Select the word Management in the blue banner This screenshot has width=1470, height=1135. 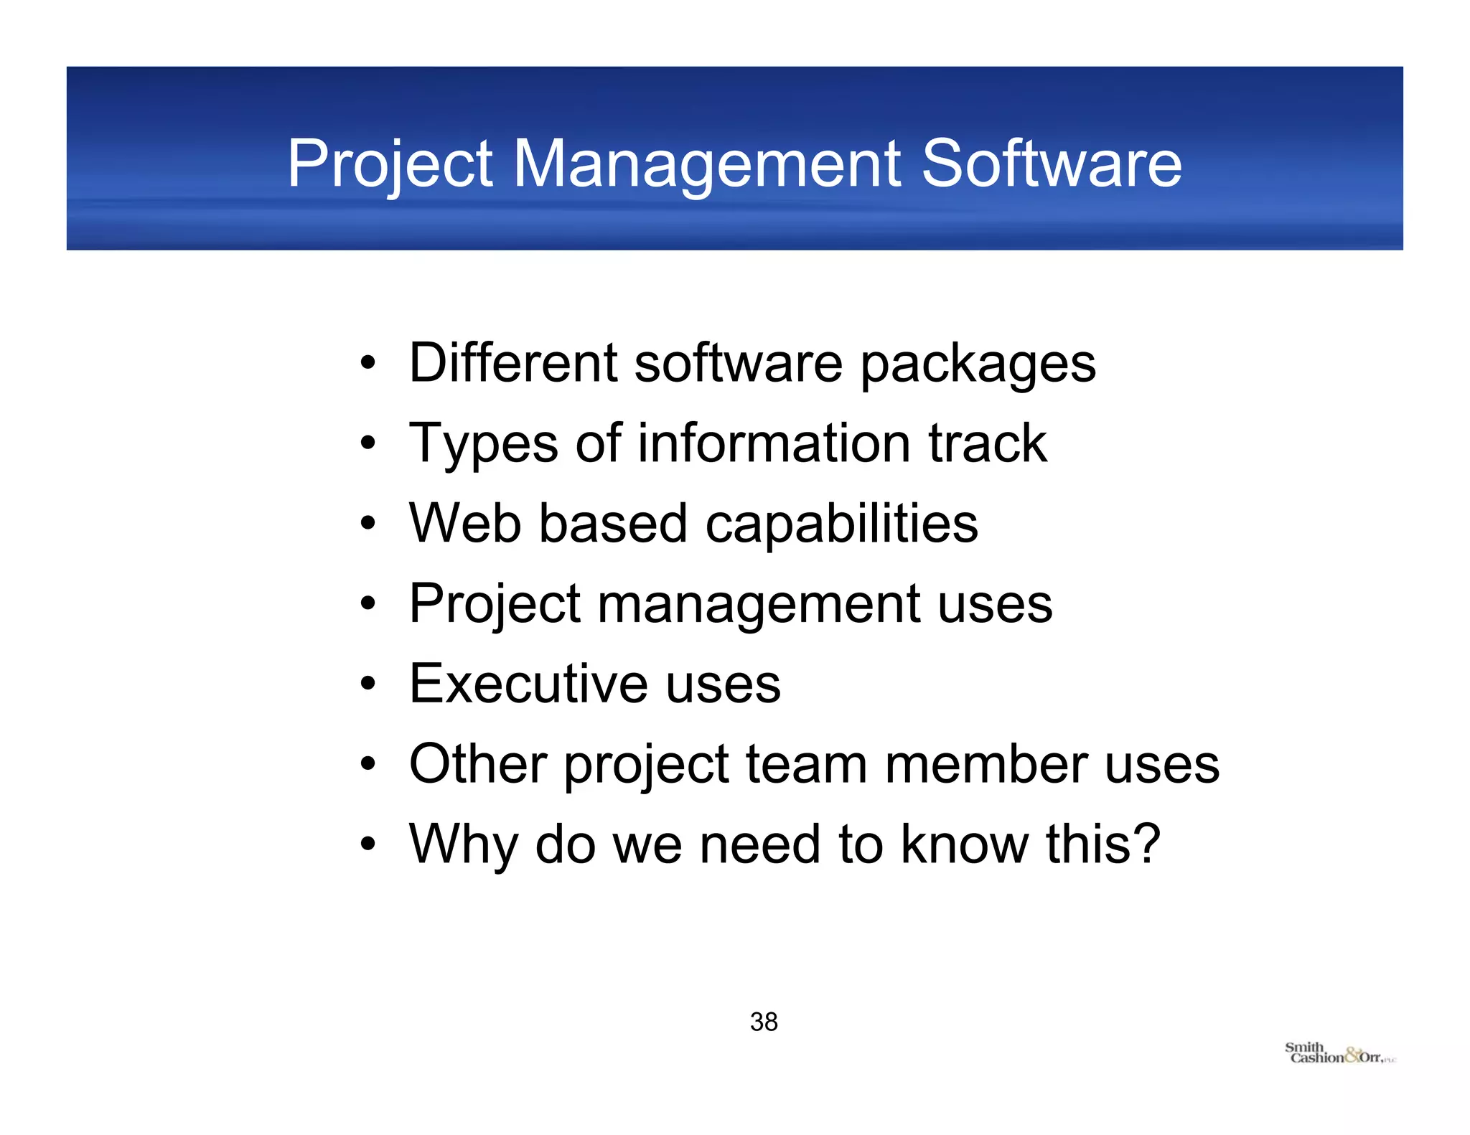707,164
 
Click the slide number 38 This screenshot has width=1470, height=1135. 764,1022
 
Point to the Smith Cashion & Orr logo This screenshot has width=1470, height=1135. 1339,1054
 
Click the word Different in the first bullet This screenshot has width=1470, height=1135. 513,363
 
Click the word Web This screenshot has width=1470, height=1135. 465,523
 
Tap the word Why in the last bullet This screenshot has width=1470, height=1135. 464,845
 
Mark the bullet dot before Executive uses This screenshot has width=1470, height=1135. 368,684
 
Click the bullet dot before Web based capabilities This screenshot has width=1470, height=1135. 368,524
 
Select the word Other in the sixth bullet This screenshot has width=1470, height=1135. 478,763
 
